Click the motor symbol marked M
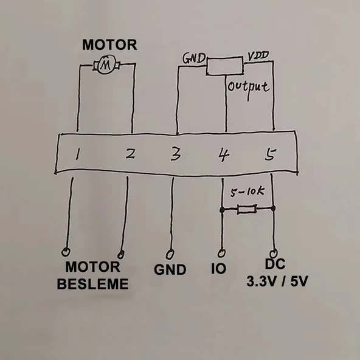point(106,64)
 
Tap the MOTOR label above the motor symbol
point(110,45)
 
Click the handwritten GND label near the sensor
point(194,58)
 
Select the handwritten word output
point(248,86)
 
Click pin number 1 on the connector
point(78,155)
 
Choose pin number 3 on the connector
point(175,155)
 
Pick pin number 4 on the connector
point(223,155)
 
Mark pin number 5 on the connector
point(271,155)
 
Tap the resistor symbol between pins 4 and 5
point(246,210)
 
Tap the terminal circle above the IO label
point(221,251)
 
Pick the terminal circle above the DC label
point(274,252)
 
